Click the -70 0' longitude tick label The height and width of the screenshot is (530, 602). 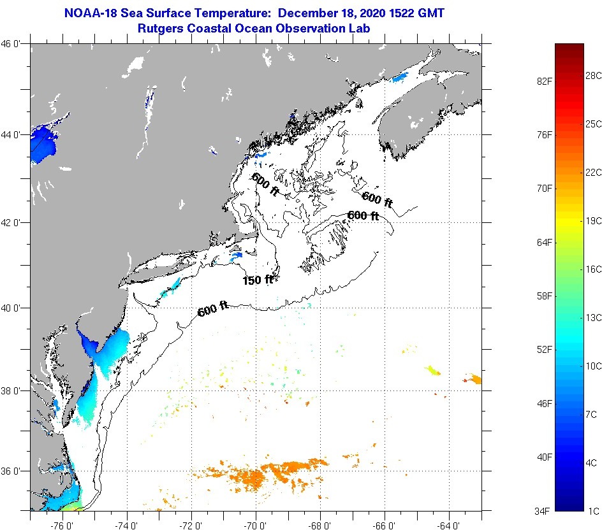pos(258,526)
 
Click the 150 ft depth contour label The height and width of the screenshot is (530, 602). pos(258,280)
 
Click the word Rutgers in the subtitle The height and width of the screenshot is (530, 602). pos(161,29)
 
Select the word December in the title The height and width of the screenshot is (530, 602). pos(308,13)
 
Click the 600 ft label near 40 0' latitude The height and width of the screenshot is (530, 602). pos(213,310)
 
